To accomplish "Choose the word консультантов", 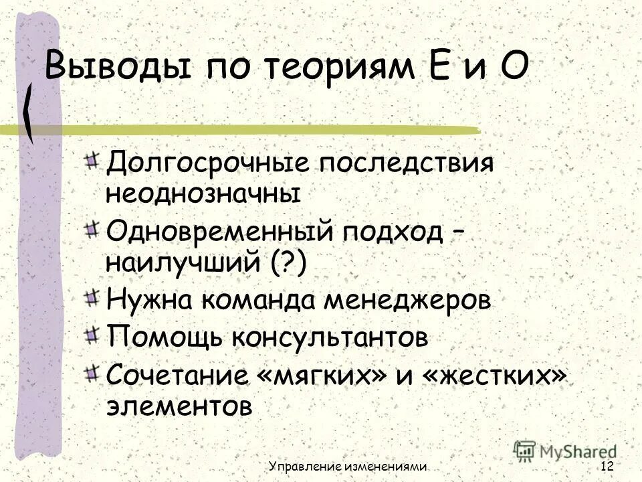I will [x=329, y=336].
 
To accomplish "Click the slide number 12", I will [x=607, y=466].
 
